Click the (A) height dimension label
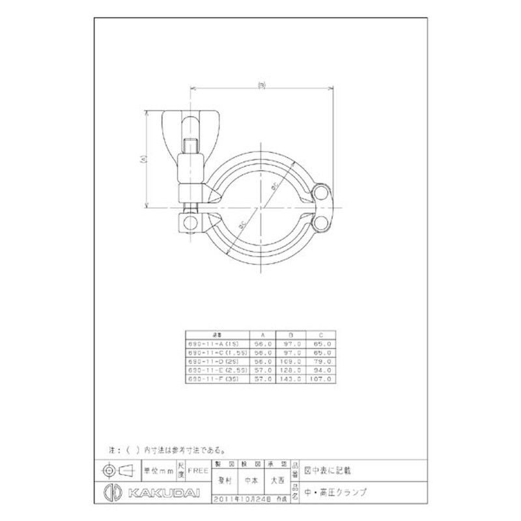click(x=142, y=158)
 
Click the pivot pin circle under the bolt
click(x=189, y=223)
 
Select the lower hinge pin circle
click(x=322, y=224)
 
